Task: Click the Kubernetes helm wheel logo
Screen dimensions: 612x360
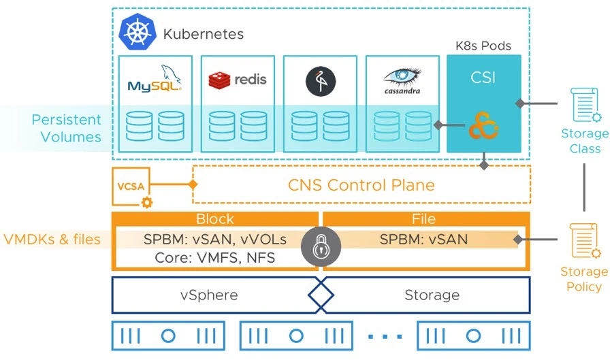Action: [x=138, y=32]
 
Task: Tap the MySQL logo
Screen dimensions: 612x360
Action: [x=155, y=79]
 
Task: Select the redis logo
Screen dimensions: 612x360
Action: [x=238, y=80]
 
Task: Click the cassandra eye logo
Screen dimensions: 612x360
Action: [x=402, y=81]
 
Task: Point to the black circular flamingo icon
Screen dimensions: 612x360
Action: [x=321, y=81]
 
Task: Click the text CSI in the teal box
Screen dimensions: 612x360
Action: [x=483, y=77]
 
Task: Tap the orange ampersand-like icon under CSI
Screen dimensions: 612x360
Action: [x=483, y=125]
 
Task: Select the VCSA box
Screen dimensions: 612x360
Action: [x=131, y=186]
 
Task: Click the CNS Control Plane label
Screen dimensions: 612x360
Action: [x=361, y=185]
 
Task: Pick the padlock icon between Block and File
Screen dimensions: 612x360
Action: [x=321, y=247]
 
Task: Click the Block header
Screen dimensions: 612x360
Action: [x=215, y=219]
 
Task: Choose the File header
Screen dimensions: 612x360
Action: [x=423, y=219]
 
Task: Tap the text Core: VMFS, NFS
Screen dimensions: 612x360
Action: [x=215, y=258]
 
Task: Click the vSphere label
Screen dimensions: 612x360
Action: [x=209, y=295]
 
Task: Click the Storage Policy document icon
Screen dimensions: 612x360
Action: [x=585, y=241]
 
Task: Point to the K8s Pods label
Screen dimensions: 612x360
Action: [x=483, y=46]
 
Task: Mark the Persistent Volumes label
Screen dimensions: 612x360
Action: [x=66, y=128]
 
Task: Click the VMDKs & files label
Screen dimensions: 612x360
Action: [x=52, y=239]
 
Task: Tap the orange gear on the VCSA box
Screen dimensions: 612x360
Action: [x=147, y=202]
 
